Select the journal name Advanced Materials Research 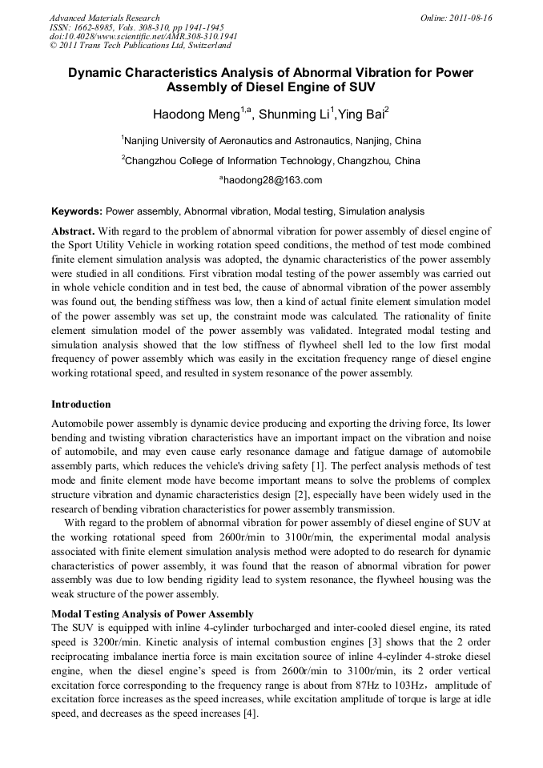point(105,18)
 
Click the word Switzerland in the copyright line point(202,46)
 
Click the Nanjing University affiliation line point(271,141)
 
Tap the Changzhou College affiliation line point(271,161)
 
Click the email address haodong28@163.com point(272,180)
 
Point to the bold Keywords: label point(77,211)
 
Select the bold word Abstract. point(73,231)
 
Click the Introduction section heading point(81,404)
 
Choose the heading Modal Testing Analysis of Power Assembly point(152,613)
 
